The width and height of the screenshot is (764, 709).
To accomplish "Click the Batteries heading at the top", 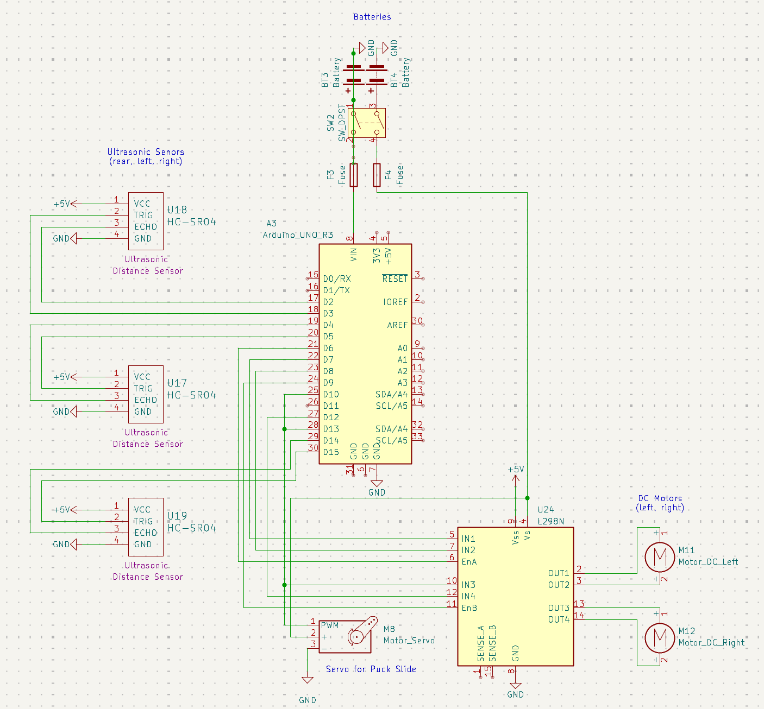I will tap(372, 17).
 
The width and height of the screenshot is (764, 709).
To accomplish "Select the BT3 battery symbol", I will tap(354, 75).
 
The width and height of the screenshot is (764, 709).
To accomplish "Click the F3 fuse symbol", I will tap(354, 175).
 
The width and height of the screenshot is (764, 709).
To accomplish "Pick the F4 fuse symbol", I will tap(377, 175).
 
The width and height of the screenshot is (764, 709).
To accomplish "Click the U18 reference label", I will tap(177, 210).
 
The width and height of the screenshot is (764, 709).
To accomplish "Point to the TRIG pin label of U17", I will tap(143, 389).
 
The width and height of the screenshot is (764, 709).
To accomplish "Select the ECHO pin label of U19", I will tap(146, 533).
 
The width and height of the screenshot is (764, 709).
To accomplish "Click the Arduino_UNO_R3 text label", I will tap(298, 235).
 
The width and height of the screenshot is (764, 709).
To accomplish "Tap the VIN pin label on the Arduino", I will tap(354, 255).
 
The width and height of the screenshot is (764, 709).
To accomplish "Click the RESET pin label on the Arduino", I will tap(394, 279).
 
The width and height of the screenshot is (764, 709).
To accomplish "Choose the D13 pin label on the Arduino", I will tap(331, 429).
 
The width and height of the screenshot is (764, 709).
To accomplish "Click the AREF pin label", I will tap(397, 325).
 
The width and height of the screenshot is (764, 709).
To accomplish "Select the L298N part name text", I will tap(550, 522).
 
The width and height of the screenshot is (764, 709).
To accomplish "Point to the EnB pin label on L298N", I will tap(469, 608).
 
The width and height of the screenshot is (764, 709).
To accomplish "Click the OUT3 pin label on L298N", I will tap(559, 608).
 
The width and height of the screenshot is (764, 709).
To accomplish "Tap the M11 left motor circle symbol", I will tap(660, 556).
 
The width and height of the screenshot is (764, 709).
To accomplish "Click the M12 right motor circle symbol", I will tap(660, 637).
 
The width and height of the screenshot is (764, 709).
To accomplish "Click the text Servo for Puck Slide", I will tap(371, 669).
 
